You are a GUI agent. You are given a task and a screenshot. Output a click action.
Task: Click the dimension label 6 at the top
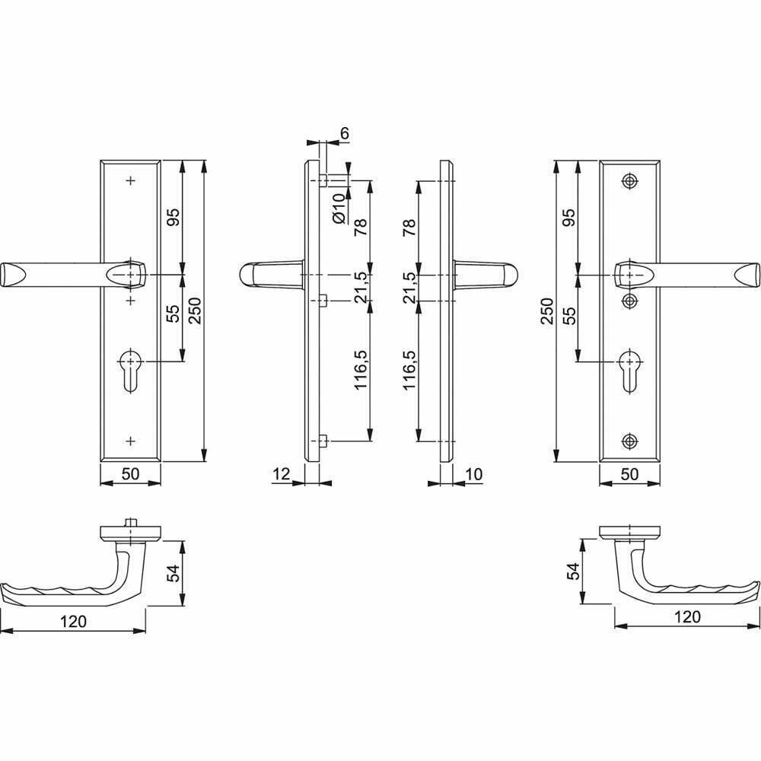344,133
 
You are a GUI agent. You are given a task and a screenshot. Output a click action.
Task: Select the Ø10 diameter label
339,209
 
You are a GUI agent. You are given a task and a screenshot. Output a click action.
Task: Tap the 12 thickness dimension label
281,473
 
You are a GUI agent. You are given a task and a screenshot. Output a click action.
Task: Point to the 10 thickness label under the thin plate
473,473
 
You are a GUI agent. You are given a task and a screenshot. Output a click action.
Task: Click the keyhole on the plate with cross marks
130,370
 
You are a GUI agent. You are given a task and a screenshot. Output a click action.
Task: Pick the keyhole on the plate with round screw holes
629,370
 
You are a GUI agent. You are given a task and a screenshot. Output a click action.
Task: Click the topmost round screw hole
629,181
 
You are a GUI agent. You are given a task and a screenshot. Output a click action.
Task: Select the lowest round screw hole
629,441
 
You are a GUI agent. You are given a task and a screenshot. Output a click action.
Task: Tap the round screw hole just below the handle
629,301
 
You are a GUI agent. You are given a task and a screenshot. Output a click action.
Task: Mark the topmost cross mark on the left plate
130,181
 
